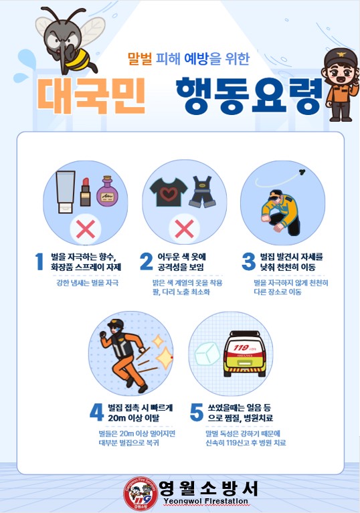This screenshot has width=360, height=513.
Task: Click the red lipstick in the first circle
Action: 86,192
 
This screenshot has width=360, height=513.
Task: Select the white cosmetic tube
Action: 66,192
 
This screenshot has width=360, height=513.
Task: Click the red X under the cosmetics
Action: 86,229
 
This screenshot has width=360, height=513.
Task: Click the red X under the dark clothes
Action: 184,228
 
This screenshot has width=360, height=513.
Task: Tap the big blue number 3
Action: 249,262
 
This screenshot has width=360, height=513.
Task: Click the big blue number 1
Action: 39,262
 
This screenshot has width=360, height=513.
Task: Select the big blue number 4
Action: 96,412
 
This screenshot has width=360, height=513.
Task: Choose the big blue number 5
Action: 196,412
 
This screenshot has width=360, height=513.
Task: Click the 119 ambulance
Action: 244,354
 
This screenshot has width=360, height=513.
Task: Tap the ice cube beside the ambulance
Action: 207,354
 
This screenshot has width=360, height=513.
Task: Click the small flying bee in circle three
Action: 302,171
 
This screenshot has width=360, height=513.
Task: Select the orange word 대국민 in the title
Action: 91,96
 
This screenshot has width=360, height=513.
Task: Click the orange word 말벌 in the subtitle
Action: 140,59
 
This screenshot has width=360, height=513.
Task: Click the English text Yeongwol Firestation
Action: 205,501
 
